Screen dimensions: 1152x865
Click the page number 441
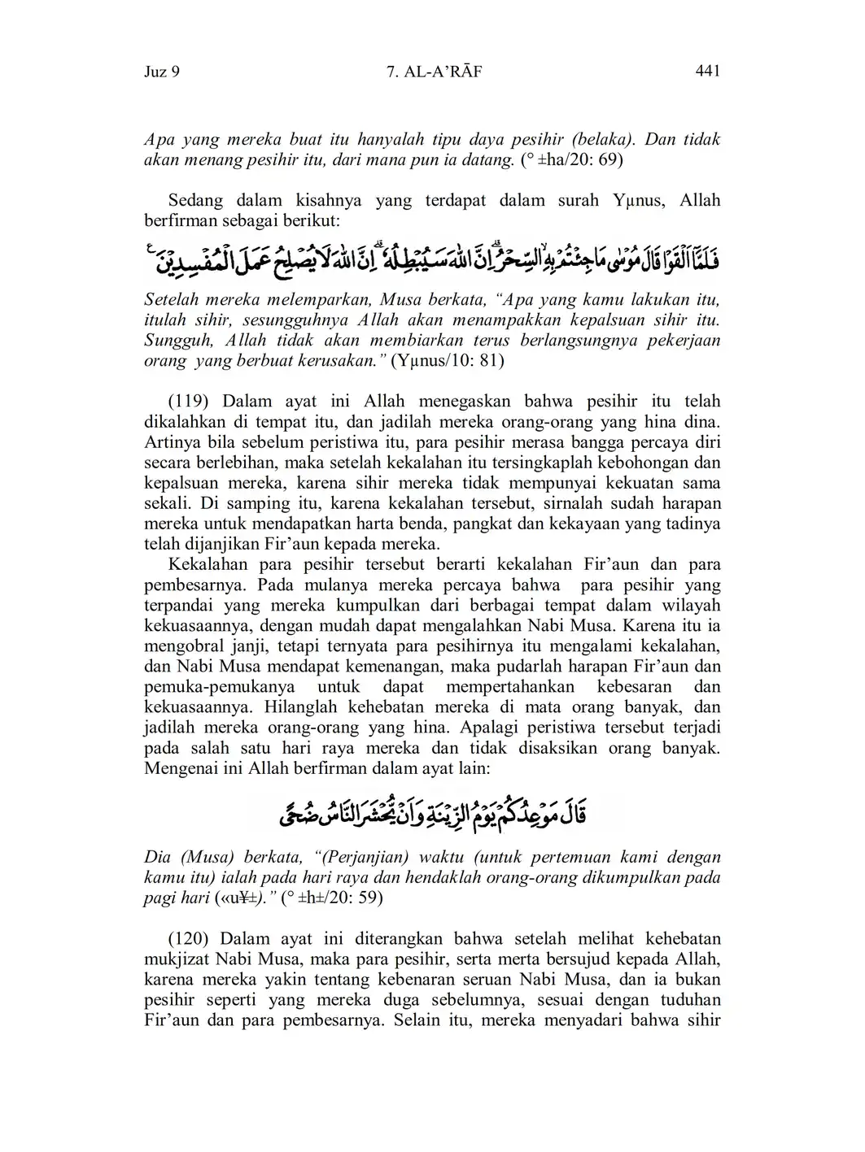708,72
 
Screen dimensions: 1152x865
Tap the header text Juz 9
161,72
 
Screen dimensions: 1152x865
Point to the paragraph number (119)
191,402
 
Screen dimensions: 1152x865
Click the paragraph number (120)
190,939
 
